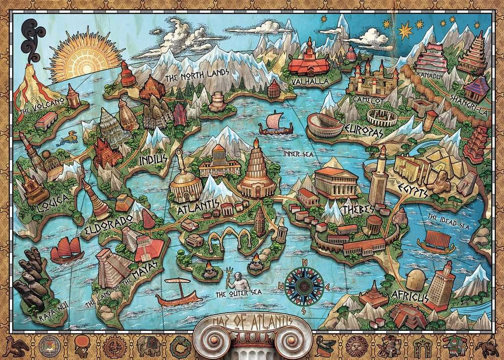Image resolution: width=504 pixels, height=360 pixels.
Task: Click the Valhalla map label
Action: tap(310, 81)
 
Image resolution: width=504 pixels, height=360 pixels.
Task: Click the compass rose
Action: tap(305, 285)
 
